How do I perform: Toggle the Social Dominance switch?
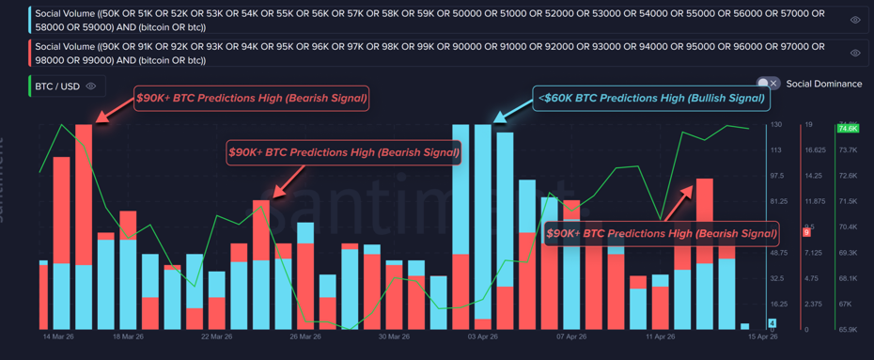[x=769, y=84]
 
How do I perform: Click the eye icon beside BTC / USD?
[x=91, y=86]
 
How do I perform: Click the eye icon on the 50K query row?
[x=855, y=20]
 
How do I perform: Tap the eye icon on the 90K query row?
[x=855, y=53]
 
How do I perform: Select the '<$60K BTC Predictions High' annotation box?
[x=649, y=98]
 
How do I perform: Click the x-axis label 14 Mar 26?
[x=58, y=336]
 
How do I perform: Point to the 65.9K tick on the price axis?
[x=846, y=330]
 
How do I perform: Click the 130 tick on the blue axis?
[x=776, y=125]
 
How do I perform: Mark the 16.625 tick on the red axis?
[x=814, y=150]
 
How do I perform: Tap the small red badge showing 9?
[x=806, y=232]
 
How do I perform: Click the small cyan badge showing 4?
[x=773, y=323]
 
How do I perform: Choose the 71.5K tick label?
[x=846, y=201]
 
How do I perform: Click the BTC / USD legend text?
[x=57, y=86]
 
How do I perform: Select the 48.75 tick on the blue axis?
[x=778, y=253]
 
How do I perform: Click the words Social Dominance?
[x=824, y=84]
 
